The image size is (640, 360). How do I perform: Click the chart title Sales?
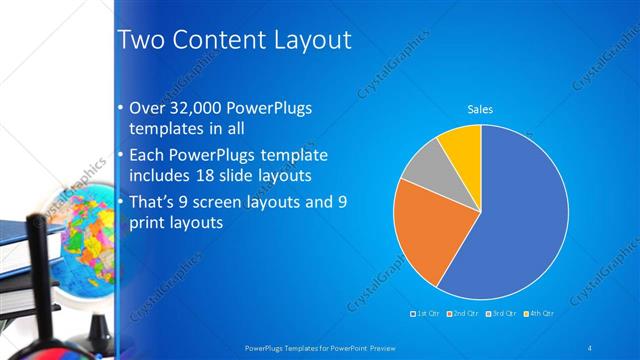point(481,109)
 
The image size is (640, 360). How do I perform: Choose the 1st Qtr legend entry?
point(426,313)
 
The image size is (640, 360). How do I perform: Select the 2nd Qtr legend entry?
point(462,313)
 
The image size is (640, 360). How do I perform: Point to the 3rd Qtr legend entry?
point(499,313)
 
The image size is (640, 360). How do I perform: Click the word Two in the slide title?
point(139,40)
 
